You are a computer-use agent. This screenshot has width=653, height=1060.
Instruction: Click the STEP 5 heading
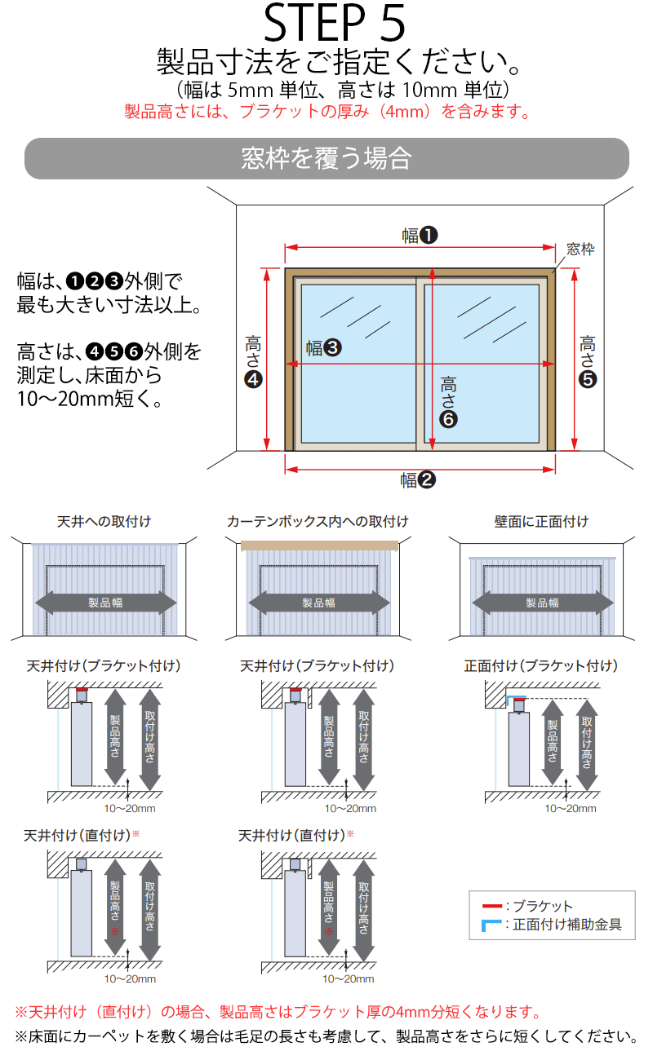pyautogui.click(x=335, y=24)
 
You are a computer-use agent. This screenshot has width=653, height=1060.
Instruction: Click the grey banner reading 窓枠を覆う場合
pyautogui.click(x=326, y=158)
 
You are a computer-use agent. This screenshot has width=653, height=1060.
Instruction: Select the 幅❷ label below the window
pyautogui.click(x=418, y=480)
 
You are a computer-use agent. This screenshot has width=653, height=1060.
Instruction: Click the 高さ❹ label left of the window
pyautogui.click(x=253, y=359)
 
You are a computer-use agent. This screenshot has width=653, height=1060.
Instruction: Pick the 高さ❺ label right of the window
pyautogui.click(x=588, y=359)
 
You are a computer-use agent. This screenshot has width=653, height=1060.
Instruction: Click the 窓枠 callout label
pyautogui.click(x=580, y=250)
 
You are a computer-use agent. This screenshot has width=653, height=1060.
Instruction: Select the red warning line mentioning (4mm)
pyautogui.click(x=326, y=112)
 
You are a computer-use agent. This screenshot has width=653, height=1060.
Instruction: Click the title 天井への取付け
pyautogui.click(x=104, y=521)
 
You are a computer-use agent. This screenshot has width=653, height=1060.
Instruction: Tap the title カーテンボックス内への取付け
pyautogui.click(x=318, y=521)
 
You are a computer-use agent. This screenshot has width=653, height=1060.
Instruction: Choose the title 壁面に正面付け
pyautogui.click(x=541, y=521)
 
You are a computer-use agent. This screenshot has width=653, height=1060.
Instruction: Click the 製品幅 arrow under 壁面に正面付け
pyautogui.click(x=542, y=603)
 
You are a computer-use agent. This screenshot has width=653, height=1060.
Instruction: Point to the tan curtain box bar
pyautogui.click(x=319, y=545)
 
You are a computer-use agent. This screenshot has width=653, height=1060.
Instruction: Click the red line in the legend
pyautogui.click(x=492, y=906)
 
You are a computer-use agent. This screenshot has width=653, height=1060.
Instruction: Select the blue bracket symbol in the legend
pyautogui.click(x=492, y=925)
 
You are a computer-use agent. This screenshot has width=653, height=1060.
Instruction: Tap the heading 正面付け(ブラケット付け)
pyautogui.click(x=540, y=666)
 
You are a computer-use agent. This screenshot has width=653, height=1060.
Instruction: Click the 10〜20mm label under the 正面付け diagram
pyautogui.click(x=571, y=809)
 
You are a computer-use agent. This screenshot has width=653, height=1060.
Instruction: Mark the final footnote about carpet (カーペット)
pyautogui.click(x=326, y=1037)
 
